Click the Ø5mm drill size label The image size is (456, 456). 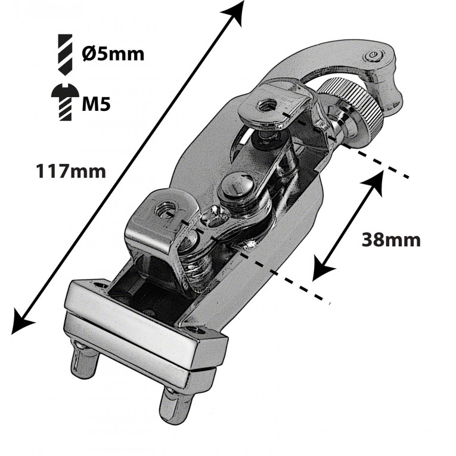click(113, 54)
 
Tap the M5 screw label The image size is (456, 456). click(96, 103)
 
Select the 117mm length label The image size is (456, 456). click(71, 171)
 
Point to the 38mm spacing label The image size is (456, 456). click(391, 240)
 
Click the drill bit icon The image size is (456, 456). click(66, 54)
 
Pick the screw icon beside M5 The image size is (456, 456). click(65, 103)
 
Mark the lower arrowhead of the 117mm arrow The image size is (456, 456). click(22, 321)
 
